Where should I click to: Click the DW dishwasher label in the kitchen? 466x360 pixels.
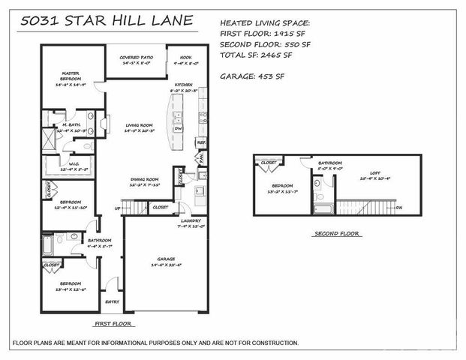tap(179, 127)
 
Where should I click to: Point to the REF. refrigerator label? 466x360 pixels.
tap(200, 141)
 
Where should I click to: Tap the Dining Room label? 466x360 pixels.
tap(145, 179)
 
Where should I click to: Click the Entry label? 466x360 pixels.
tap(113, 302)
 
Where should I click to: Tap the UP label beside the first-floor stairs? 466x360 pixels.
tap(116, 208)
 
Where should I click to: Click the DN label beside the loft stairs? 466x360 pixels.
tap(398, 207)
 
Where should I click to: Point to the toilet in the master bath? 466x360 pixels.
tap(87, 146)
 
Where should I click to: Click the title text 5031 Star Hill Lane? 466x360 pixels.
tap(107, 22)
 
